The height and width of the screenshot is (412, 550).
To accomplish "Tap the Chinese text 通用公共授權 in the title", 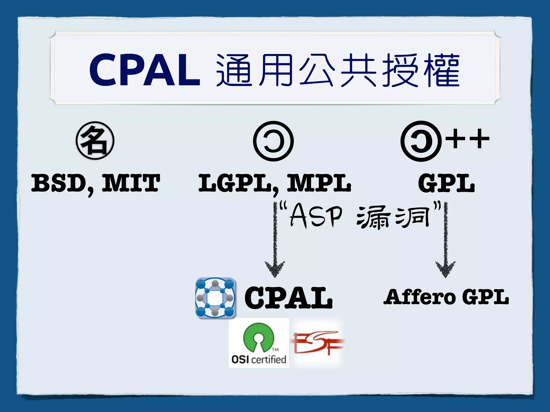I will [338, 70].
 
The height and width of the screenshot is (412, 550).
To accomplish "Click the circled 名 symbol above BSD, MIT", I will [95, 141].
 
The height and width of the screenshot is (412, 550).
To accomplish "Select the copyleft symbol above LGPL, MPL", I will [273, 141].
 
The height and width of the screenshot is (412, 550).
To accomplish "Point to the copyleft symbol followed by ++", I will [421, 141].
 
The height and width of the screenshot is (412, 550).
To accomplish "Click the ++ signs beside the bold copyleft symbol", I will [467, 139].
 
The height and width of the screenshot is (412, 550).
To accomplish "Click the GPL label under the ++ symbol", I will [446, 183].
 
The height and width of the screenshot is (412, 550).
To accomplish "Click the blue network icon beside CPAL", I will [215, 298].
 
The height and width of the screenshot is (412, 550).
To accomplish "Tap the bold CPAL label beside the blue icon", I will [288, 298].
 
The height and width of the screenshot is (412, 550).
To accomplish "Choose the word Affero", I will [419, 297].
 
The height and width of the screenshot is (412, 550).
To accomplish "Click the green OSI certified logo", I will [259, 343].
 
